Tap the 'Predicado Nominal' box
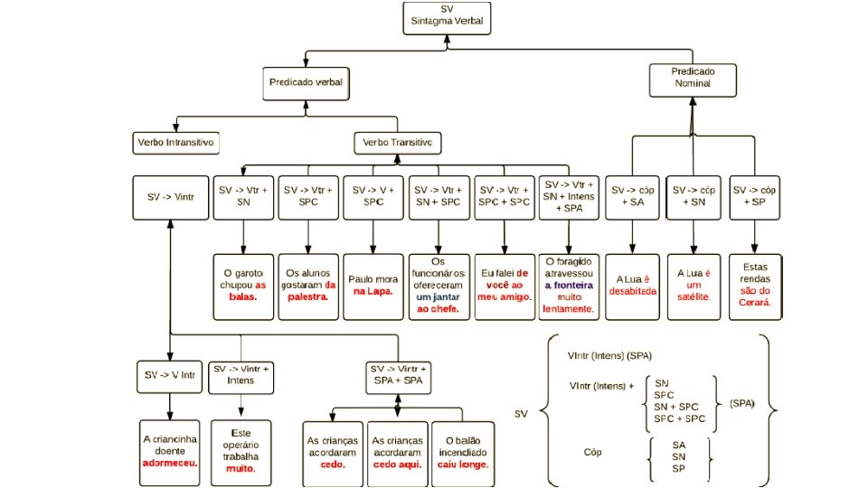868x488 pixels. tap(692, 77)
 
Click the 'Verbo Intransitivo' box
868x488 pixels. tap(176, 143)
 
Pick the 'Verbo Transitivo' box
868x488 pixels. tap(397, 143)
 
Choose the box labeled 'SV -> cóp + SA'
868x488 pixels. tap(632, 196)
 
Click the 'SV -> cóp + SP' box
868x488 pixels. tap(755, 196)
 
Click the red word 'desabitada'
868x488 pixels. tap(632, 291)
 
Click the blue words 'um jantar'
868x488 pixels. tap(438, 297)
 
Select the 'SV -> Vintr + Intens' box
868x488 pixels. tap(241, 374)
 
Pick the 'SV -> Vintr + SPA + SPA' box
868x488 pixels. tap(399, 374)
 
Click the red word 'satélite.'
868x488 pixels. tap(694, 297)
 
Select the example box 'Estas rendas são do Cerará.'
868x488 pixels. tap(755, 286)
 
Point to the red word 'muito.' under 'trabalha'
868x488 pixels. tap(241, 469)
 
